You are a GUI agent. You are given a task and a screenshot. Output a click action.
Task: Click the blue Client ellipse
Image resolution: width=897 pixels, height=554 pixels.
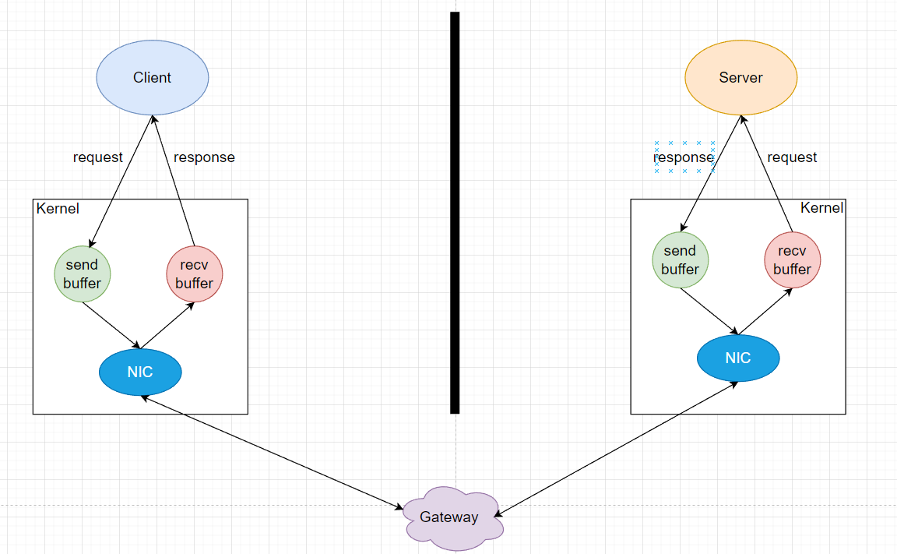[153, 77]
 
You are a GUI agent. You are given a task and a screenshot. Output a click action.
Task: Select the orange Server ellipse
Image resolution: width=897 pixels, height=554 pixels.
[740, 77]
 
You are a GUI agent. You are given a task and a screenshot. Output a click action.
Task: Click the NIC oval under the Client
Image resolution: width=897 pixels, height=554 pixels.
[140, 372]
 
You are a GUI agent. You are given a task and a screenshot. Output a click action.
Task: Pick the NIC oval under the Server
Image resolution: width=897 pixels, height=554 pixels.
[737, 358]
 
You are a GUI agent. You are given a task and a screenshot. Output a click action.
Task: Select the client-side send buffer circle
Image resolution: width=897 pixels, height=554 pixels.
[83, 273]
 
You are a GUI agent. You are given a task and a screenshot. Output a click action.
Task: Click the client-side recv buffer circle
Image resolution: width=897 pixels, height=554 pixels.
[195, 273]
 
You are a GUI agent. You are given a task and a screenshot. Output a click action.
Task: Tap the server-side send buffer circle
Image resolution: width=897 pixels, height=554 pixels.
[680, 260]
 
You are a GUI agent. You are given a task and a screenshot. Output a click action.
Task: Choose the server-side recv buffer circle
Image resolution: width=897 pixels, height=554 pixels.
[793, 260]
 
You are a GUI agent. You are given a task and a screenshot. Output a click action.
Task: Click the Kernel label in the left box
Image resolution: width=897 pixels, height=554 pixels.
[58, 209]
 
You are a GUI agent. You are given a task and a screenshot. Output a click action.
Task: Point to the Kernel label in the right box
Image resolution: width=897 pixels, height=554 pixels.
[821, 208]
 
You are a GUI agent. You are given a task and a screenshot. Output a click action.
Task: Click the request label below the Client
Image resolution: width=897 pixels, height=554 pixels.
[97, 157]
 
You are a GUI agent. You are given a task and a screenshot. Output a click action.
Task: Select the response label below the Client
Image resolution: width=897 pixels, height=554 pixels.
[204, 157]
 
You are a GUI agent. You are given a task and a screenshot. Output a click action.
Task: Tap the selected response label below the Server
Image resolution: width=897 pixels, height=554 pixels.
[684, 157]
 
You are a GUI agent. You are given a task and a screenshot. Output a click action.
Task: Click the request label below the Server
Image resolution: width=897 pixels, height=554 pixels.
[792, 157]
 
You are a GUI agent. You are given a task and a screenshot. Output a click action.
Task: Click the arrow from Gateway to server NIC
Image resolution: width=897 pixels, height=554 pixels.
[615, 449]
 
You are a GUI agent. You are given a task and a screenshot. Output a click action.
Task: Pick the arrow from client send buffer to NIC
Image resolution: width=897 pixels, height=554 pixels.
[111, 324]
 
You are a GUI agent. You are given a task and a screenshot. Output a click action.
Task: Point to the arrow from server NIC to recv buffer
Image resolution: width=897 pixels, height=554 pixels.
[766, 311]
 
